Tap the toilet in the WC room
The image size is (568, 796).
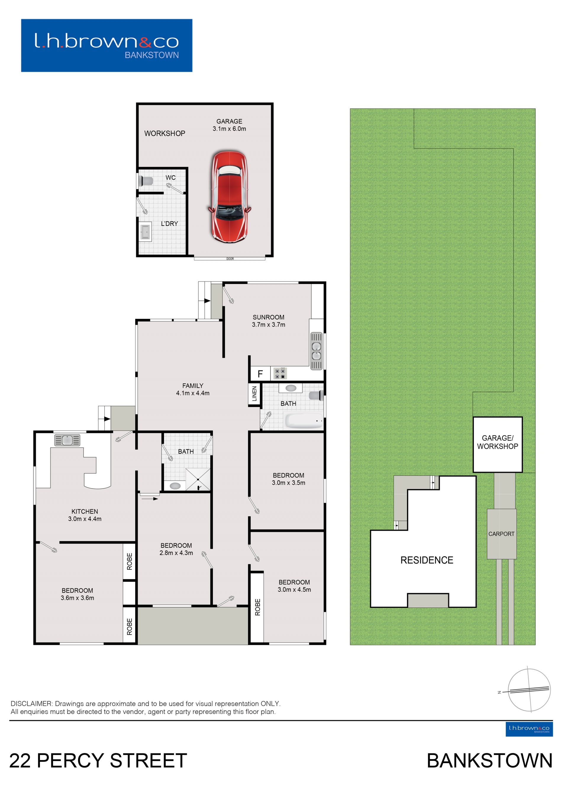tap(146, 181)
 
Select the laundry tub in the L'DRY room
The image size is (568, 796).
tap(146, 232)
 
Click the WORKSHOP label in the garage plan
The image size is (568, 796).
tap(165, 134)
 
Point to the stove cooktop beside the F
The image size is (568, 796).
tap(280, 374)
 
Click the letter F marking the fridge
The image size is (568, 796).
tap(260, 374)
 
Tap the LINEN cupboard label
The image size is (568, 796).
tap(254, 394)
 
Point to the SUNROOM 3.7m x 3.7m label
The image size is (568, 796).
tap(269, 321)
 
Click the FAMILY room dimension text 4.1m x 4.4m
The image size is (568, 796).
tap(193, 393)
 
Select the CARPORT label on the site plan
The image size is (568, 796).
tap(501, 534)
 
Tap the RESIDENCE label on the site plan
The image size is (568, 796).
tap(427, 560)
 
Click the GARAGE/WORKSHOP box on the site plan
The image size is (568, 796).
tap(498, 445)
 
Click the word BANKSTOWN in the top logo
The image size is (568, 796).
tap(152, 55)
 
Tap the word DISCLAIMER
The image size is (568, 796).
tap(31, 704)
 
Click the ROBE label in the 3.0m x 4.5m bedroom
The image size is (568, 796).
tap(258, 607)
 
